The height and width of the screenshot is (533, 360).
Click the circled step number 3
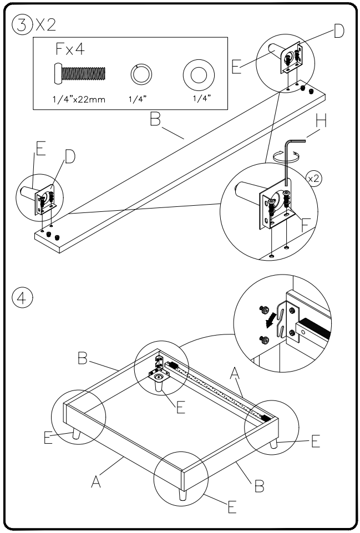[21, 25]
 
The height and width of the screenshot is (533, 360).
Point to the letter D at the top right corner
[337, 32]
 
